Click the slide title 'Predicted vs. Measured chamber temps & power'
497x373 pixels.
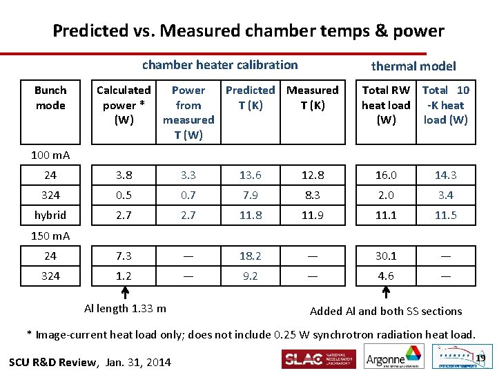(248, 31)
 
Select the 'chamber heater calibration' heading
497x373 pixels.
(220, 65)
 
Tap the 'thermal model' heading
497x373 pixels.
(413, 66)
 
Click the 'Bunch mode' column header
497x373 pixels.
(50, 97)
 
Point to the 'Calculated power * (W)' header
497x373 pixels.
(124, 105)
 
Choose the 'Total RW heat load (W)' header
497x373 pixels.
(386, 105)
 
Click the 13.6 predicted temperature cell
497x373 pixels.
(250, 175)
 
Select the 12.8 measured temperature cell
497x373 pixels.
(313, 175)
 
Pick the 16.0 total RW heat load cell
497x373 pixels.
(386, 175)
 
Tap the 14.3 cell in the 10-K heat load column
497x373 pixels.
(445, 175)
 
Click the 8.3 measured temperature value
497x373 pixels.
(313, 195)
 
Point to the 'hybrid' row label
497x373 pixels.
(50, 216)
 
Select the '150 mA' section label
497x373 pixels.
(50, 236)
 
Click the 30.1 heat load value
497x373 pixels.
(386, 256)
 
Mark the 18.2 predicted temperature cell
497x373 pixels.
(250, 256)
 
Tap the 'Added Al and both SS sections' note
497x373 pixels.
(386, 312)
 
